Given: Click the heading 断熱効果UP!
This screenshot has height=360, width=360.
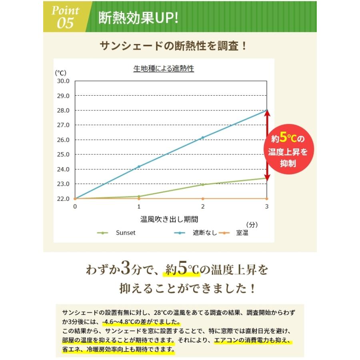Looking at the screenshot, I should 138,18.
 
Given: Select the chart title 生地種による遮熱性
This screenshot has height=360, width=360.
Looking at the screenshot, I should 164,69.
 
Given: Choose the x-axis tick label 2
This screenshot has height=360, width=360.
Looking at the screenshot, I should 203,206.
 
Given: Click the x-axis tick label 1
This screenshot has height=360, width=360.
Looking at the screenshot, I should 139,206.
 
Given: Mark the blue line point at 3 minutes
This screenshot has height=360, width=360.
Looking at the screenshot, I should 266,110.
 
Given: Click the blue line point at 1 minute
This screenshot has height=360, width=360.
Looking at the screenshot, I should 139,166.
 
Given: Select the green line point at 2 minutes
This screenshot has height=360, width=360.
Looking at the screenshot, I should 203,184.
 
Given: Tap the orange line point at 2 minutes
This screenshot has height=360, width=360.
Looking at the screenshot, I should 203,198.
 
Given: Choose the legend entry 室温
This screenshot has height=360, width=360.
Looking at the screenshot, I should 240,233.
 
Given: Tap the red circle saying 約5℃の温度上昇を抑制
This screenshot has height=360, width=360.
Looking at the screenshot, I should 288,151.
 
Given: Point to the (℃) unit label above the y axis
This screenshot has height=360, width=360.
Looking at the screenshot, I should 61,73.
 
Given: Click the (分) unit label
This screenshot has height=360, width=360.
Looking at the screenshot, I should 252,224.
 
